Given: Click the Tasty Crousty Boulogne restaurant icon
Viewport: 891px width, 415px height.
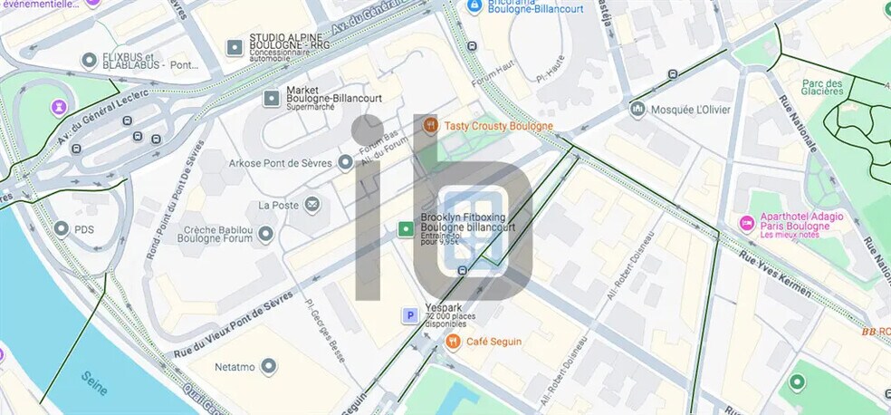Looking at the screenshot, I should pos(431,126).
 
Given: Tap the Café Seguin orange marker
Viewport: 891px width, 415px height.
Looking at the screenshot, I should pos(453,342).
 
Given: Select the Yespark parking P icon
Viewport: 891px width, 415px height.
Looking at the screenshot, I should pos(410,315).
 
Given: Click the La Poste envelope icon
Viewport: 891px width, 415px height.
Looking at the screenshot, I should pos(312,205).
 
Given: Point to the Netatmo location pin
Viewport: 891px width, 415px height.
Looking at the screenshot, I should pos(268,367).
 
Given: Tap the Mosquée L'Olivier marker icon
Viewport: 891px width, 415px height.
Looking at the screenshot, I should pos(637,109).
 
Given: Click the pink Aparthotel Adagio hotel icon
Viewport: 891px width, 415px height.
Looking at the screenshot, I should pos(747,222).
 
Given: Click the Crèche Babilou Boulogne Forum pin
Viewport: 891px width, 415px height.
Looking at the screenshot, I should pos(265,235).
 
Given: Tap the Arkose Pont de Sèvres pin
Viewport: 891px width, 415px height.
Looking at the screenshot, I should pos(344,162).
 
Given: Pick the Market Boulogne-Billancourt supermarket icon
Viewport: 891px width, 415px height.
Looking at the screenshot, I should pos(270,97).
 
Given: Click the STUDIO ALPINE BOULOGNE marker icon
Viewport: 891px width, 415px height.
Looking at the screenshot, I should pos(234,45).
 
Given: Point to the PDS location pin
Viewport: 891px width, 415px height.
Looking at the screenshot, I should pos(62,229).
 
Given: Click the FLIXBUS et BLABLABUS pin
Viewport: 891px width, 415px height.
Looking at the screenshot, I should pos(89,61).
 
